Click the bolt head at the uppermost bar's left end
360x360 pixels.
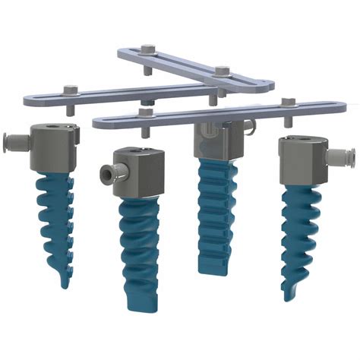coord(147,52)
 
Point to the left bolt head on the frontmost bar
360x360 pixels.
coord(144,113)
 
